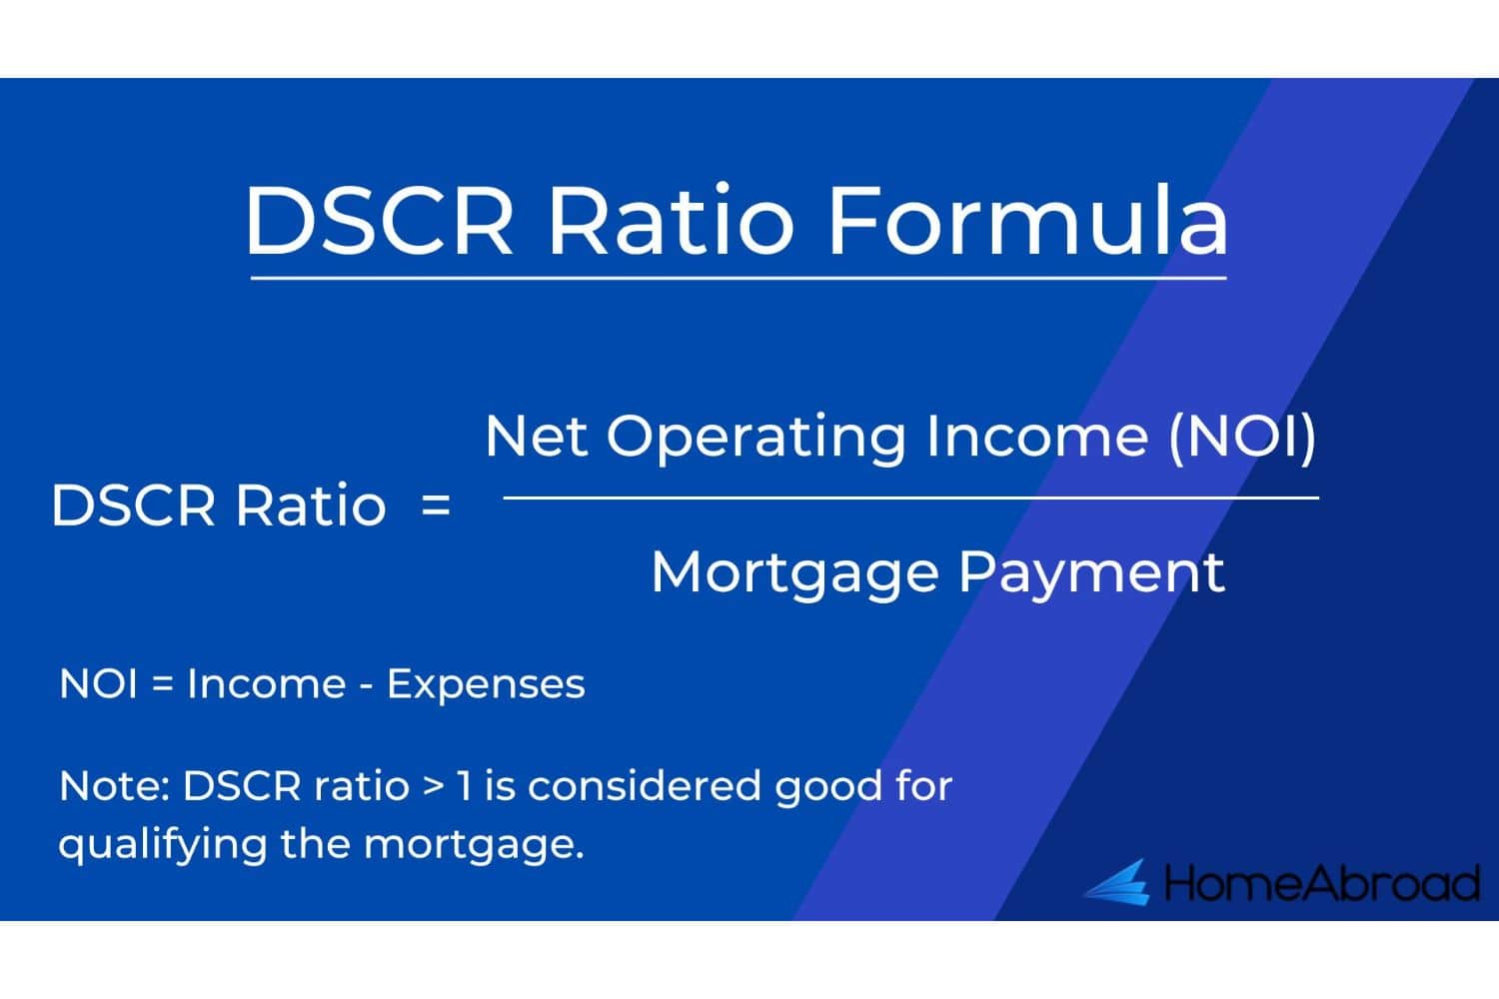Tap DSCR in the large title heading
click(379, 220)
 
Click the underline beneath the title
click(739, 278)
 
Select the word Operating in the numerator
click(756, 439)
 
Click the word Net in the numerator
click(537, 437)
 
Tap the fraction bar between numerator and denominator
click(910, 498)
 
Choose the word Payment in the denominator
click(1092, 574)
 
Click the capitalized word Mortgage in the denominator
click(795, 574)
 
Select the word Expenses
click(486, 686)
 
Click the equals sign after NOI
click(163, 684)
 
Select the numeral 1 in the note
click(463, 786)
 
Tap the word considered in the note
click(645, 786)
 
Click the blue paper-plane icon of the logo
click(1116, 882)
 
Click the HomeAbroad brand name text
click(1322, 883)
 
